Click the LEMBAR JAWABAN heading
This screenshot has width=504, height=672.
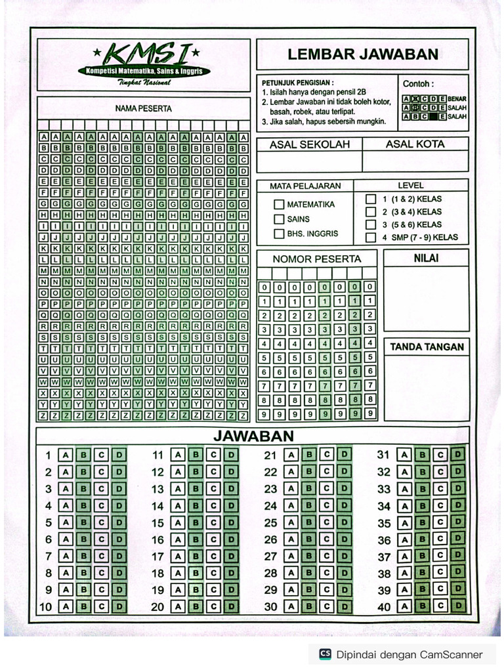[x=363, y=54]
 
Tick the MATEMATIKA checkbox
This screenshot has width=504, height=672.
[x=279, y=205]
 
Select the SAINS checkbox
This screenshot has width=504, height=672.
[x=279, y=219]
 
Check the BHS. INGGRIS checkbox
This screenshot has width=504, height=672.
[x=279, y=234]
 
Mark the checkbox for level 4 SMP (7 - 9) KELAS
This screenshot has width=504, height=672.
[x=371, y=238]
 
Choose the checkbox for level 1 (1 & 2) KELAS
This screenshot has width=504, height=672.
[x=371, y=199]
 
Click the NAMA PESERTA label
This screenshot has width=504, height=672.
[x=144, y=108]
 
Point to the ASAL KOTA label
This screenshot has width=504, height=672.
[x=415, y=144]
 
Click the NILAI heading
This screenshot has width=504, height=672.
[x=426, y=259]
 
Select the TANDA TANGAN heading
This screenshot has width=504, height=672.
[x=427, y=347]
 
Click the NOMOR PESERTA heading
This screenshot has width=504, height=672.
[x=317, y=259]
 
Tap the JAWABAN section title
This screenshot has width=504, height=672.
[x=253, y=436]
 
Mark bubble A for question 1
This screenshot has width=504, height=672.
[x=66, y=455]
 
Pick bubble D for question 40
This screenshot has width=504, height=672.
[x=458, y=605]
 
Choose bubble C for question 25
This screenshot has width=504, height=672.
[x=326, y=522]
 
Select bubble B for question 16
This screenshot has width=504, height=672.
[x=196, y=539]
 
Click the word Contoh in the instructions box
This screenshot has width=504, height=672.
[x=418, y=84]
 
